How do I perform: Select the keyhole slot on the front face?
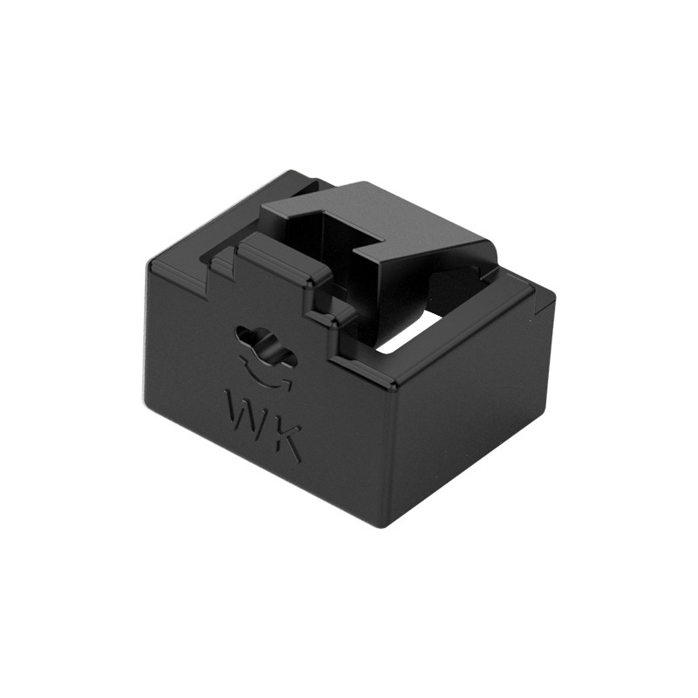point(266,346)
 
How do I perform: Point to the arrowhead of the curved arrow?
point(286,384)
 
